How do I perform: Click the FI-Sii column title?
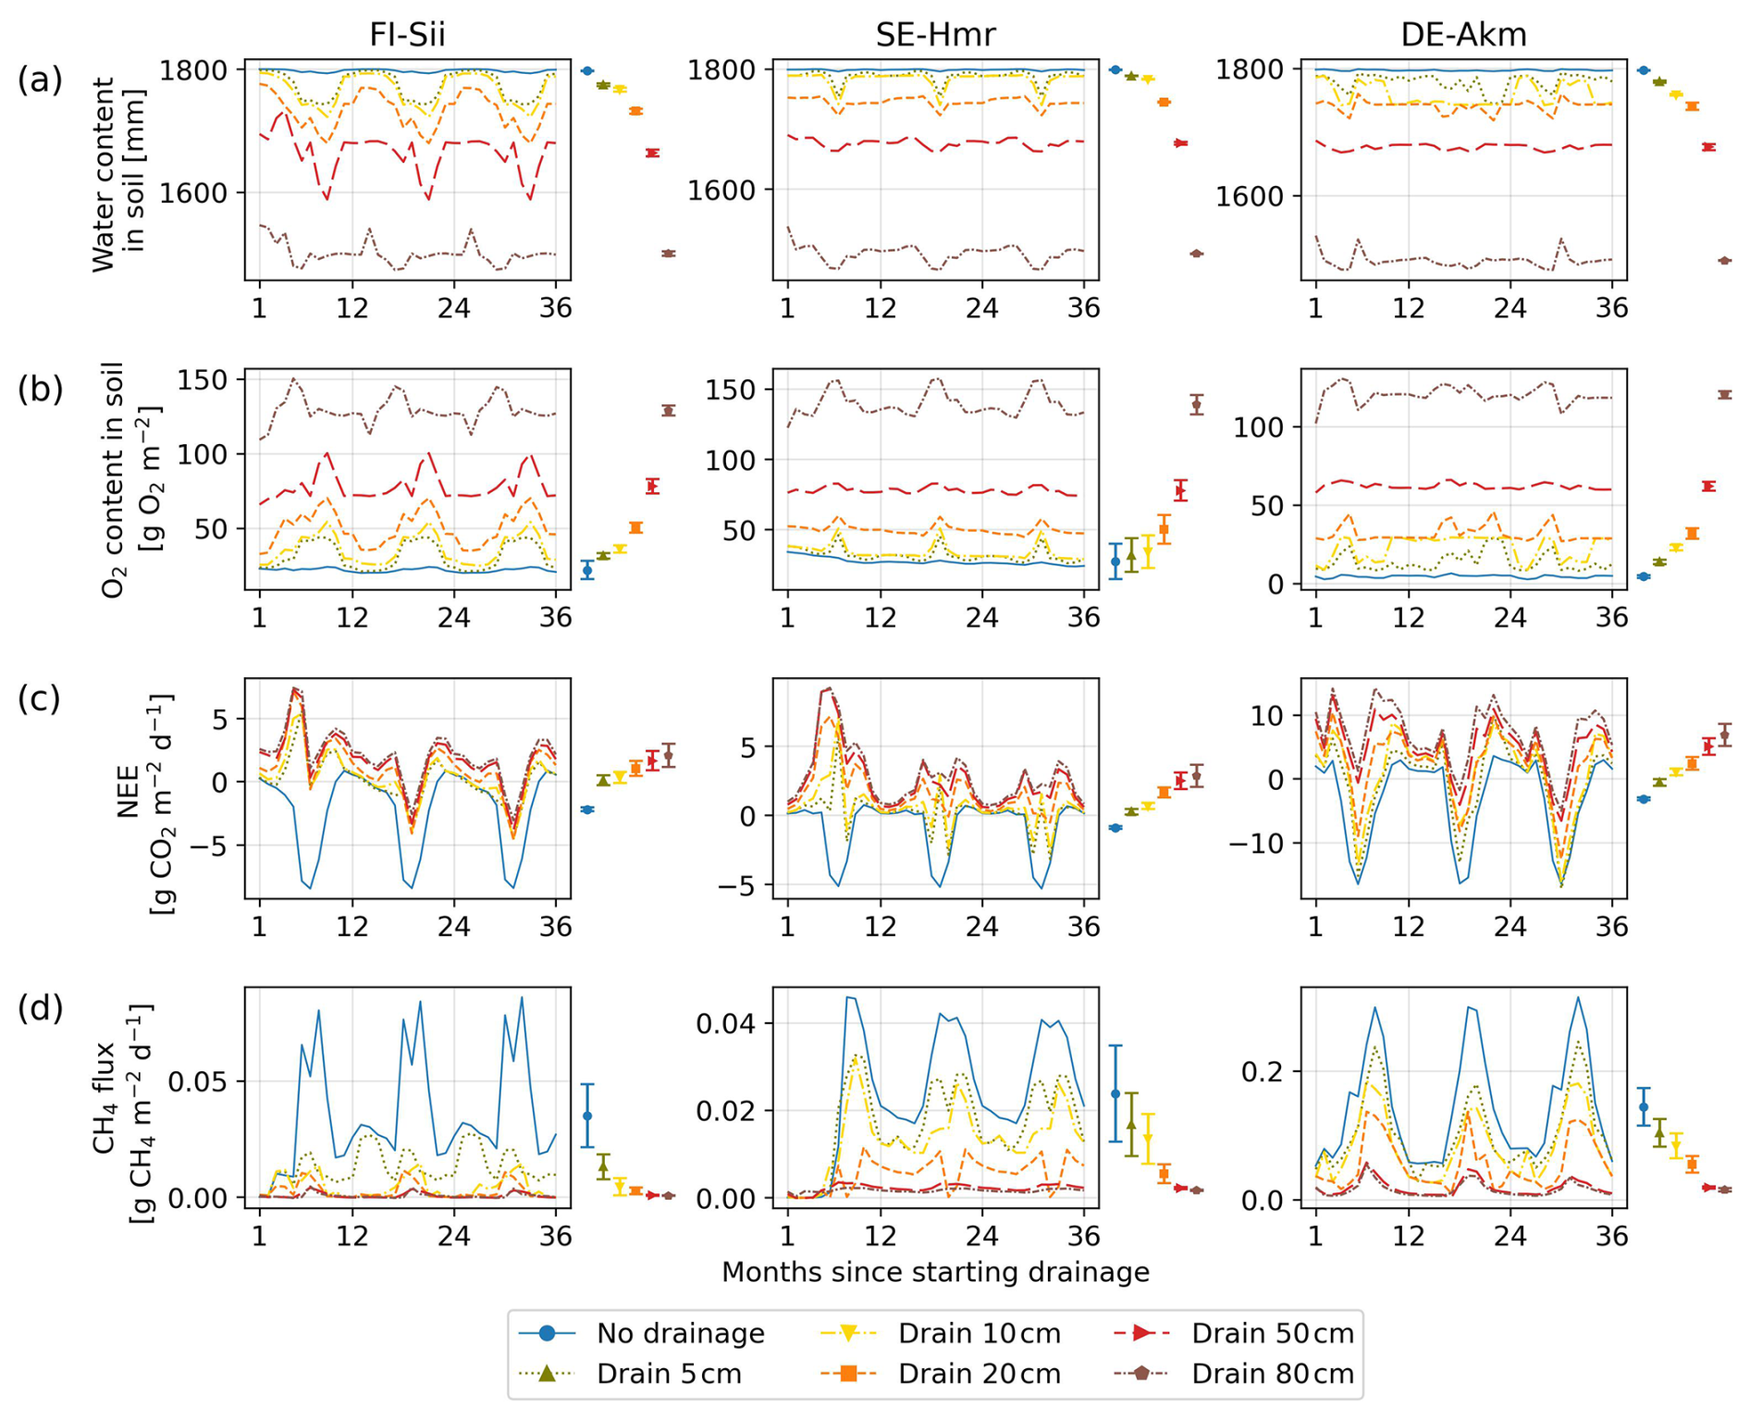[x=407, y=34]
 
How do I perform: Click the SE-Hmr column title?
[x=935, y=34]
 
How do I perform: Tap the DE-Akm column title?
[x=1463, y=34]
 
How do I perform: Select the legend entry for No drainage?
[x=680, y=1333]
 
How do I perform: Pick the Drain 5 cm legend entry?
[x=669, y=1374]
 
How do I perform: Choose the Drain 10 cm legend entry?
[x=979, y=1333]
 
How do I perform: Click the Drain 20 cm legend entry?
[x=979, y=1374]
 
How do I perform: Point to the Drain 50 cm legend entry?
[x=1272, y=1333]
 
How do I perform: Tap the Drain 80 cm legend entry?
[x=1272, y=1374]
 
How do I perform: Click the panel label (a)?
[x=40, y=80]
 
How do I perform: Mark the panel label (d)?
[x=40, y=1007]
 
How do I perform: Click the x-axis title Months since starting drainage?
[x=935, y=1272]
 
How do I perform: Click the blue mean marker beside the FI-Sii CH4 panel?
[x=587, y=1116]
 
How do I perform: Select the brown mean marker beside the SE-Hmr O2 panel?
[x=1197, y=404]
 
